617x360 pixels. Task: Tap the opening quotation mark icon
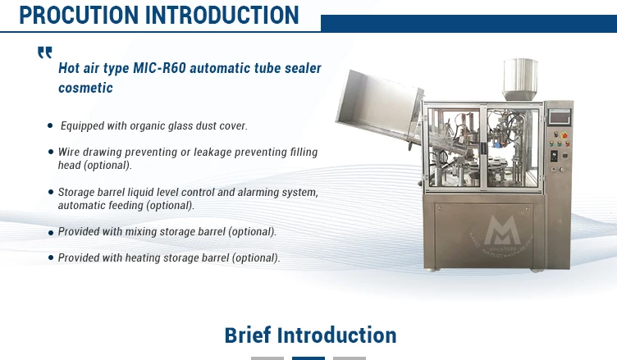pyautogui.click(x=45, y=52)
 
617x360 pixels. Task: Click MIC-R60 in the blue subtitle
pyautogui.click(x=159, y=68)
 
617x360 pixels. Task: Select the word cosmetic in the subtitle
pyautogui.click(x=85, y=88)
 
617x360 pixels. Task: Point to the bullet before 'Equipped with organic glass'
pyautogui.click(x=50, y=125)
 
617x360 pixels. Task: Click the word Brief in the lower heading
pyautogui.click(x=248, y=335)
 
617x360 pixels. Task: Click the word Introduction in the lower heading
pyautogui.click(x=337, y=335)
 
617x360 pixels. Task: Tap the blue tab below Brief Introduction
pyautogui.click(x=308, y=358)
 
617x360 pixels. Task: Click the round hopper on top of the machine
pyautogui.click(x=520, y=79)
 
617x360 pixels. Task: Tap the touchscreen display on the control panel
pyautogui.click(x=560, y=117)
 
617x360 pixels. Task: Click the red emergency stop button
pyautogui.click(x=564, y=136)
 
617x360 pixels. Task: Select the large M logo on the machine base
pyautogui.click(x=502, y=230)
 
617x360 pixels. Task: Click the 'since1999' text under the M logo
pyautogui.click(x=503, y=248)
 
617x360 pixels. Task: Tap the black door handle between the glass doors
pyautogui.click(x=482, y=148)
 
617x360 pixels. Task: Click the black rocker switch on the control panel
pyautogui.click(x=554, y=156)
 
